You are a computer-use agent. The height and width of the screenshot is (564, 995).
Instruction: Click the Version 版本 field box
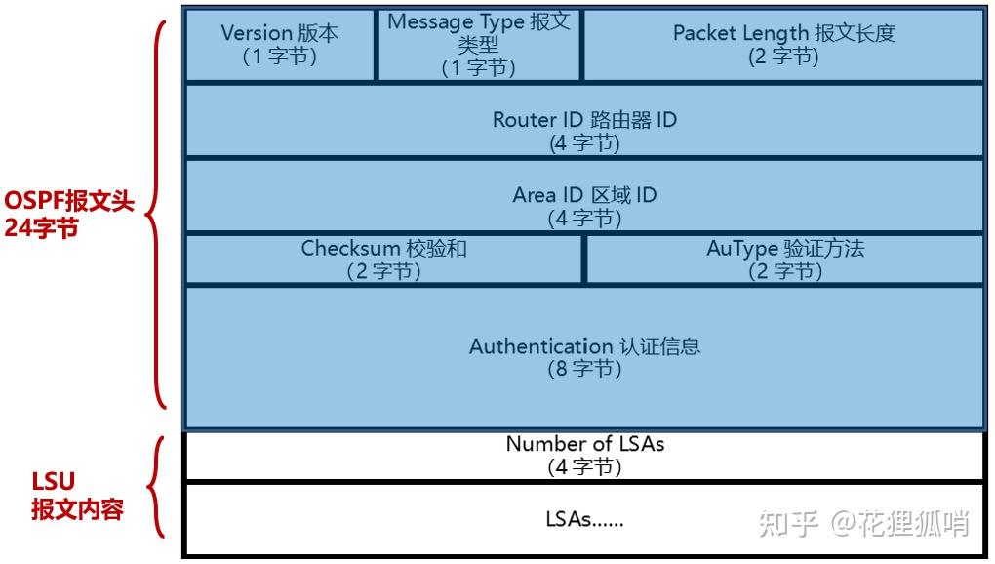[x=280, y=44]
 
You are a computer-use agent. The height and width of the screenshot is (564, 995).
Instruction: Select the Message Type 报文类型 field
[x=478, y=44]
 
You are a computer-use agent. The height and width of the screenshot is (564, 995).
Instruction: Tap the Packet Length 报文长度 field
[x=783, y=44]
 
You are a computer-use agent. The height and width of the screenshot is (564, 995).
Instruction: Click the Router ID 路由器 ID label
[x=583, y=120]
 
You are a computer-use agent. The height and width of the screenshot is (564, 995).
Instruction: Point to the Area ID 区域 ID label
[x=583, y=195]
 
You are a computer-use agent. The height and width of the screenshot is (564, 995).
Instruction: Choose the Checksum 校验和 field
[x=383, y=260]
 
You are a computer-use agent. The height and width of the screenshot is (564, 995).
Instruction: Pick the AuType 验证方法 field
[x=785, y=260]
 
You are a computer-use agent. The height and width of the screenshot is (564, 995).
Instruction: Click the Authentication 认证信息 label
[x=584, y=346]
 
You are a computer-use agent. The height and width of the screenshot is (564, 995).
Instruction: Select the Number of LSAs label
[x=584, y=444]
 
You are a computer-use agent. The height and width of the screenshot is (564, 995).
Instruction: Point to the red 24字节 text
[x=41, y=231]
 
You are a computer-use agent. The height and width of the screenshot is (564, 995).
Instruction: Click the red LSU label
[x=54, y=481]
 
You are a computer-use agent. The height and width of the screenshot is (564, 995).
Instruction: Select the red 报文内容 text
[x=77, y=508]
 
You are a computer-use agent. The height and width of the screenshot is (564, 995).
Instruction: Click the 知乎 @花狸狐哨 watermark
[x=862, y=524]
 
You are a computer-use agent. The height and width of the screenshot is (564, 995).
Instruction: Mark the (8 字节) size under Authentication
[x=584, y=370]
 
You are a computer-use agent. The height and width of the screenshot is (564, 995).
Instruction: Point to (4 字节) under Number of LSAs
[x=584, y=466]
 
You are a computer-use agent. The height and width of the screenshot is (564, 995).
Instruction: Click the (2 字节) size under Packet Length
[x=783, y=57]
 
